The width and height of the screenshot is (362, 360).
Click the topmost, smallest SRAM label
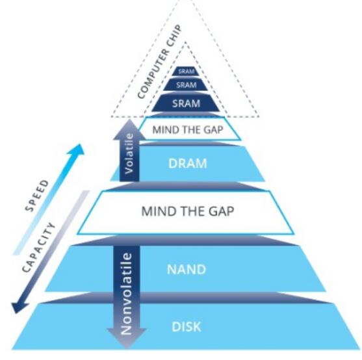coord(186,71)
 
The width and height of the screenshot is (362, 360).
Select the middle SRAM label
coord(187,85)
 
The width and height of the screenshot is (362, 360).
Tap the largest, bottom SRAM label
coord(186,103)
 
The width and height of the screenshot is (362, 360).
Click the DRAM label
coord(187,163)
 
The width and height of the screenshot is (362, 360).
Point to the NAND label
coord(187,269)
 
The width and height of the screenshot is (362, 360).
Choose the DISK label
coord(187,327)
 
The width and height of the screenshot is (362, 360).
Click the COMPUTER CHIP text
coord(159,62)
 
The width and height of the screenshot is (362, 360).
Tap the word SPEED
coord(37,196)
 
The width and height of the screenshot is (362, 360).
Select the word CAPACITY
coord(39,247)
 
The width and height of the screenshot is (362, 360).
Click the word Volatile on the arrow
coord(129,154)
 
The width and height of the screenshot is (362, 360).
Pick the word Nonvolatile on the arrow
coord(126,294)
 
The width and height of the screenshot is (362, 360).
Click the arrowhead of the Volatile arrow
coord(129,129)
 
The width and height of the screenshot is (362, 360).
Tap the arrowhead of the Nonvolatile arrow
coord(127,338)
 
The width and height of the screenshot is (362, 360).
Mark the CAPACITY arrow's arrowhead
coord(19,307)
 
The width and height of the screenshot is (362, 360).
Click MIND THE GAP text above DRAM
coord(188,130)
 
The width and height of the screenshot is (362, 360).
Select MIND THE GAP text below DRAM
coord(187,211)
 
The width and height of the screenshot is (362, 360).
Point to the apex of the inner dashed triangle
coord(185,42)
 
